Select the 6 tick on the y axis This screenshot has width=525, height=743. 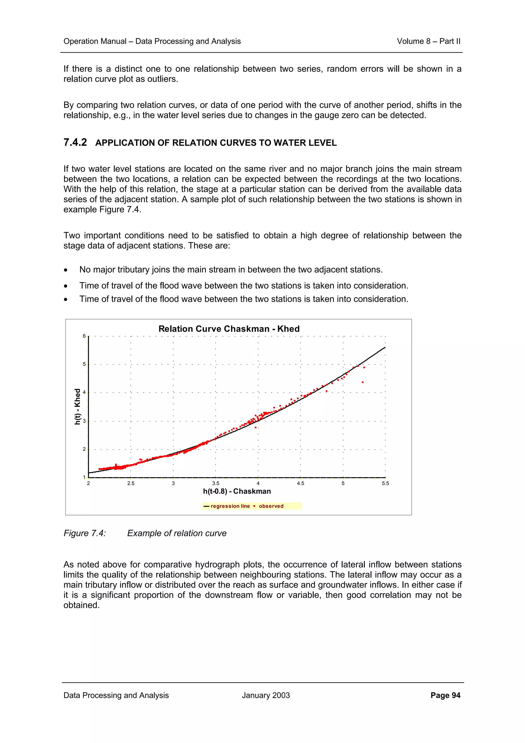(x=84, y=336)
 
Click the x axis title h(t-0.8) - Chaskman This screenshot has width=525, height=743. (x=237, y=491)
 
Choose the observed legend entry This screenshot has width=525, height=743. (x=271, y=506)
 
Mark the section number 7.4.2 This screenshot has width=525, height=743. (x=75, y=142)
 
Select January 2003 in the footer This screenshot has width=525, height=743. (x=266, y=695)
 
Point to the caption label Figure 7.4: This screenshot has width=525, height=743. (x=85, y=533)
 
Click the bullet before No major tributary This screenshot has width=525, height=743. (x=66, y=270)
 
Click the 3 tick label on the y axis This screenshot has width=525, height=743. (x=84, y=421)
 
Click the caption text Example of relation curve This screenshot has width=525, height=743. (x=177, y=533)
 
